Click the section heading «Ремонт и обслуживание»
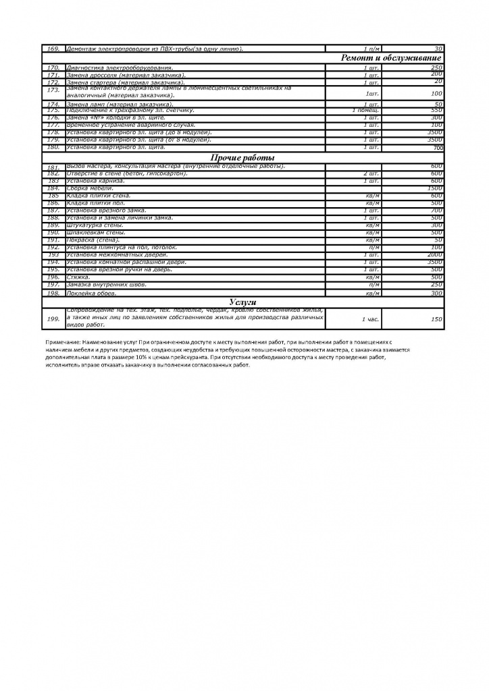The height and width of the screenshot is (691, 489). [x=392, y=58]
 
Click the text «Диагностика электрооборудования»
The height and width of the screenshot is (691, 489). [x=120, y=67]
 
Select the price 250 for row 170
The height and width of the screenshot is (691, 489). [x=436, y=67]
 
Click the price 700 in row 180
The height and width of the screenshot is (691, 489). [x=437, y=148]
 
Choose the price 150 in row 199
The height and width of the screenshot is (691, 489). [x=436, y=318]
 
